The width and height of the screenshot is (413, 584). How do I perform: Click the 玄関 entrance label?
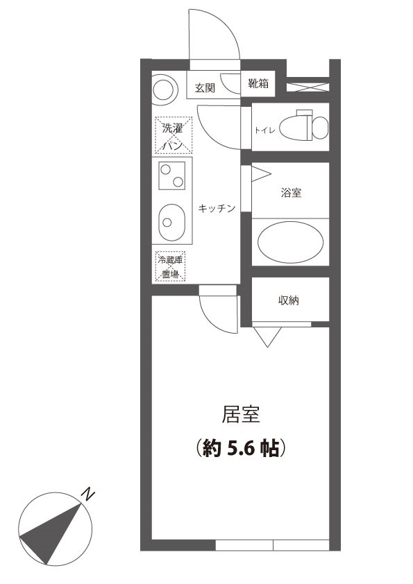pyautogui.click(x=204, y=88)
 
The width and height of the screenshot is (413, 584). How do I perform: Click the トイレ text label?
pyautogui.click(x=266, y=130)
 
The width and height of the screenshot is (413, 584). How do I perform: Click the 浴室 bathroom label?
pyautogui.click(x=291, y=193)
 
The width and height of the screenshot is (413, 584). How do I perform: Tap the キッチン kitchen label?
pyautogui.click(x=217, y=208)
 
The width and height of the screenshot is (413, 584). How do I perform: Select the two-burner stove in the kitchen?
pyautogui.click(x=171, y=175)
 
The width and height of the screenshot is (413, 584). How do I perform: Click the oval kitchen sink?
pyautogui.click(x=169, y=221)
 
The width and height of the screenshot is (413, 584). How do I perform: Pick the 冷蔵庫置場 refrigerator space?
pyautogui.click(x=171, y=266)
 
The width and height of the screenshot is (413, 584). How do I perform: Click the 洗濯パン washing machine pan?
pyautogui.click(x=171, y=135)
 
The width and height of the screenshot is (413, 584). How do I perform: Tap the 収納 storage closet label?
pyautogui.click(x=289, y=300)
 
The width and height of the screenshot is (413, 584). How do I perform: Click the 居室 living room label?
pyautogui.click(x=240, y=415)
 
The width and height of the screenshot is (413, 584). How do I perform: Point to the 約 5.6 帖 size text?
pyautogui.click(x=240, y=448)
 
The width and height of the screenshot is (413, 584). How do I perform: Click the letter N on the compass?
pyautogui.click(x=88, y=494)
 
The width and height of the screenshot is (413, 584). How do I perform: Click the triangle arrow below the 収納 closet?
pyautogui.click(x=267, y=336)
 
